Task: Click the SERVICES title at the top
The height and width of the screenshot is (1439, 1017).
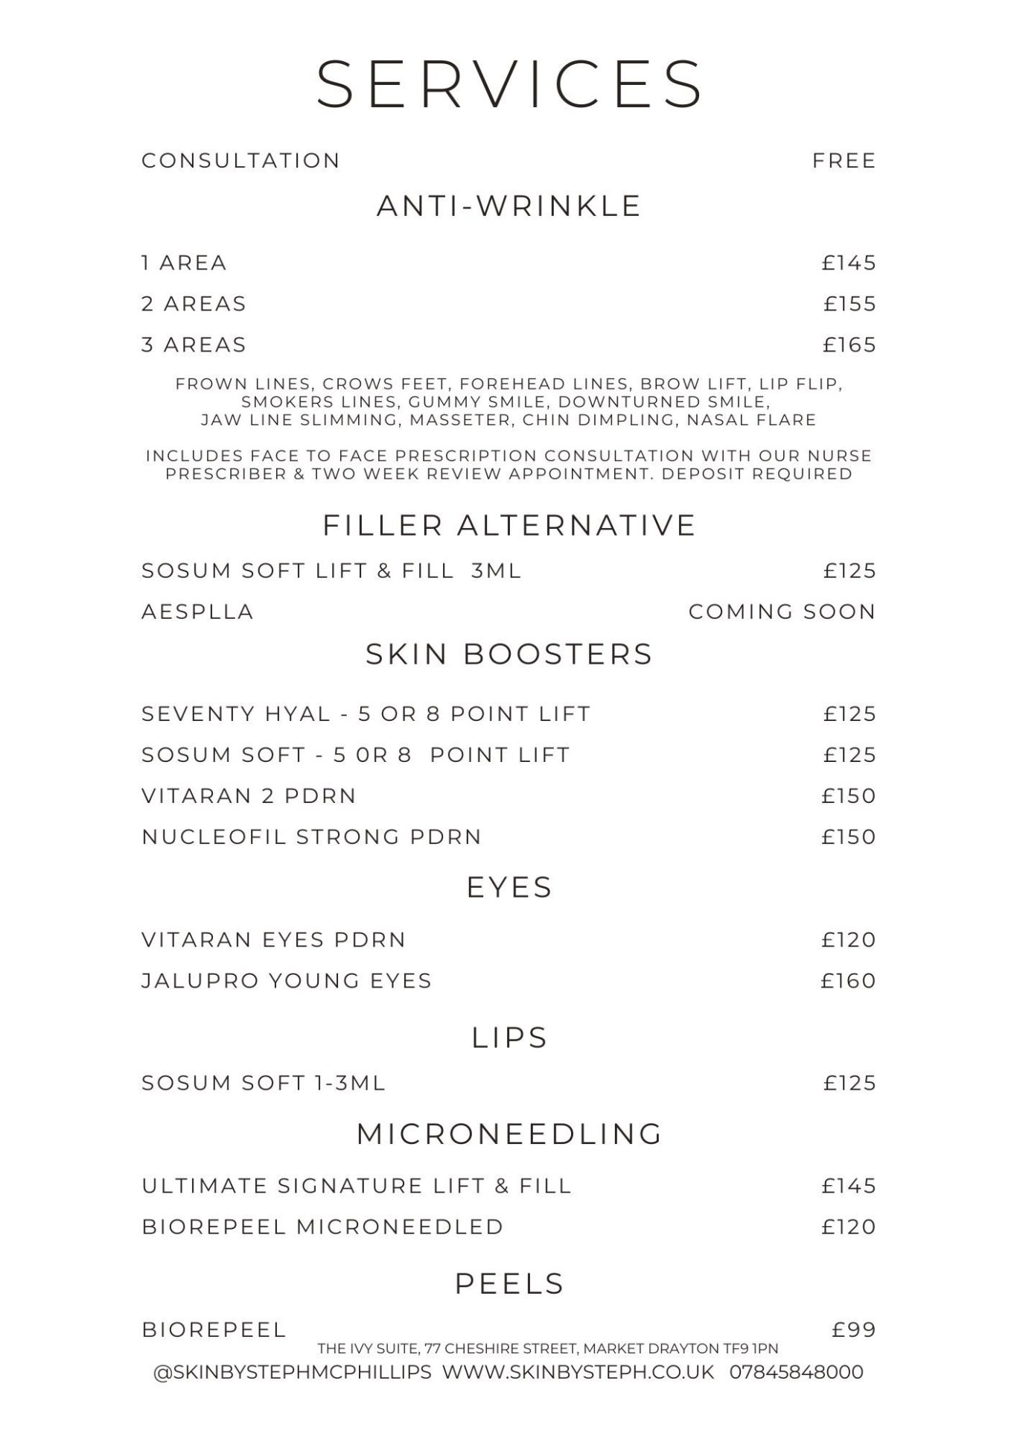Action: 509,83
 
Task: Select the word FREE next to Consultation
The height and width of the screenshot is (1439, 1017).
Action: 844,161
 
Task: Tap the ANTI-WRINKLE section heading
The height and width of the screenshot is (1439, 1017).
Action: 509,206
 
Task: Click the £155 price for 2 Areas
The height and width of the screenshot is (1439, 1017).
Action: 849,304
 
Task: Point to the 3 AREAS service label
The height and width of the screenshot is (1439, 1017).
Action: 194,345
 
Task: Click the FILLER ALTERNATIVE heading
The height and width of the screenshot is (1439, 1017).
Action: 509,525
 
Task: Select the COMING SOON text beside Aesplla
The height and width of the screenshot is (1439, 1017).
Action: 782,612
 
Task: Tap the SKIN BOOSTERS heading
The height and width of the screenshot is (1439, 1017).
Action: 509,654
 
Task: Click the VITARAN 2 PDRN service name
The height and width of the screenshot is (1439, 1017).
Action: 249,795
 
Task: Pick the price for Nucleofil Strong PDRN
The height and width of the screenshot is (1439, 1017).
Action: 849,836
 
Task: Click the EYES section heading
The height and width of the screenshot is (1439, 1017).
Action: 509,887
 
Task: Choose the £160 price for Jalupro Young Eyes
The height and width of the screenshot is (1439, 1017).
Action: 848,980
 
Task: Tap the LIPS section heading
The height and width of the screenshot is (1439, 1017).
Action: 509,1038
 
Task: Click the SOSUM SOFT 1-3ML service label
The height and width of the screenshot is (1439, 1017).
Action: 264,1082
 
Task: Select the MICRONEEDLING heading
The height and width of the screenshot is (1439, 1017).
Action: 509,1134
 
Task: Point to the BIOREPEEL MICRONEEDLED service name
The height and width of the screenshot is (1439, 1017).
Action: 322,1227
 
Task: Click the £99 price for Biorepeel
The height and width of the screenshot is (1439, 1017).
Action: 853,1330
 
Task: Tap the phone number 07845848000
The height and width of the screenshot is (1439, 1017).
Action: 796,1372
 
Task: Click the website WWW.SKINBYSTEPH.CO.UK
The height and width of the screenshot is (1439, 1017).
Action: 578,1372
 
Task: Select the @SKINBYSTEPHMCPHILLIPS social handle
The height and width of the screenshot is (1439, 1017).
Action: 292,1372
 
